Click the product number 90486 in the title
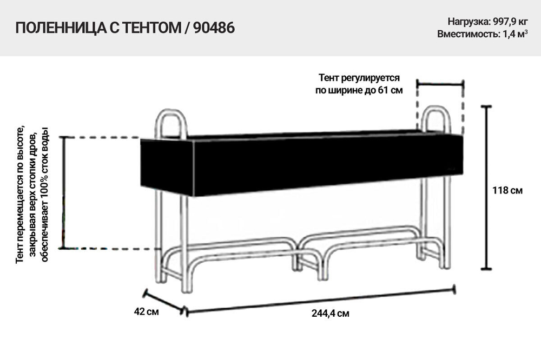tap(214, 28)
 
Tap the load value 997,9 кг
tap(510, 22)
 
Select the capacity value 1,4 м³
tap(514, 34)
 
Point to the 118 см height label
tap(508, 190)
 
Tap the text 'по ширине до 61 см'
tap(359, 90)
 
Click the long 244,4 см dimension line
tap(319, 301)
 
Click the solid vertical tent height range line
tap(65, 192)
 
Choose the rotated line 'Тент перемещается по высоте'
tap(20, 195)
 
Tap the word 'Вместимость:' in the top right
tap(464, 34)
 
